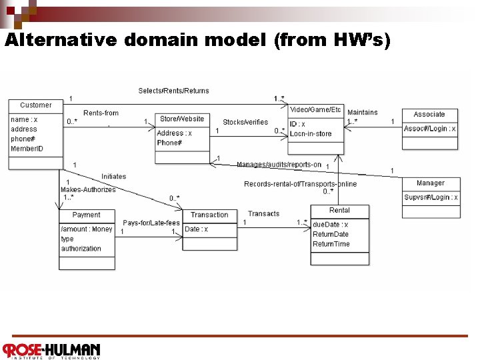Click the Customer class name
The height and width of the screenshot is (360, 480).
[x=35, y=105]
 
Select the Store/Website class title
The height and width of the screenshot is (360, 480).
[x=182, y=119]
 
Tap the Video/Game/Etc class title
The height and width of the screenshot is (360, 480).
[x=315, y=109]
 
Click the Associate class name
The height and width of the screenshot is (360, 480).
[x=429, y=115]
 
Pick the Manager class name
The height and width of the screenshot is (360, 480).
[x=430, y=183]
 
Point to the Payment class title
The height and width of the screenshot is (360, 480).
[x=86, y=215]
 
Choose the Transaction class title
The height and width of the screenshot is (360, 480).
[x=209, y=215]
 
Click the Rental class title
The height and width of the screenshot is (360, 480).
[x=339, y=211]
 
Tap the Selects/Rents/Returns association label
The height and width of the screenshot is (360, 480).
[x=173, y=91]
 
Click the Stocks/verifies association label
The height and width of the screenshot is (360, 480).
[x=245, y=123]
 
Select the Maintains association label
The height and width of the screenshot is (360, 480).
[x=362, y=113]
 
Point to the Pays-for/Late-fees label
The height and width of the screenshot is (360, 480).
[x=151, y=223]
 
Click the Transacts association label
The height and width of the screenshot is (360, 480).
[x=263, y=214]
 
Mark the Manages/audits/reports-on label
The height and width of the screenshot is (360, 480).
[x=279, y=165]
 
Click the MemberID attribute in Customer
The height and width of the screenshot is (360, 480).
[x=27, y=149]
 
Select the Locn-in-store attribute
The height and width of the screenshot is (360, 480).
[x=311, y=134]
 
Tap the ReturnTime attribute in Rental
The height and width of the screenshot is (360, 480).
[x=331, y=244]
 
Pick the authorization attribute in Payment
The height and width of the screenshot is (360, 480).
[x=81, y=249]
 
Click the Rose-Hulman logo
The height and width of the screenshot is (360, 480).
[x=51, y=350]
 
